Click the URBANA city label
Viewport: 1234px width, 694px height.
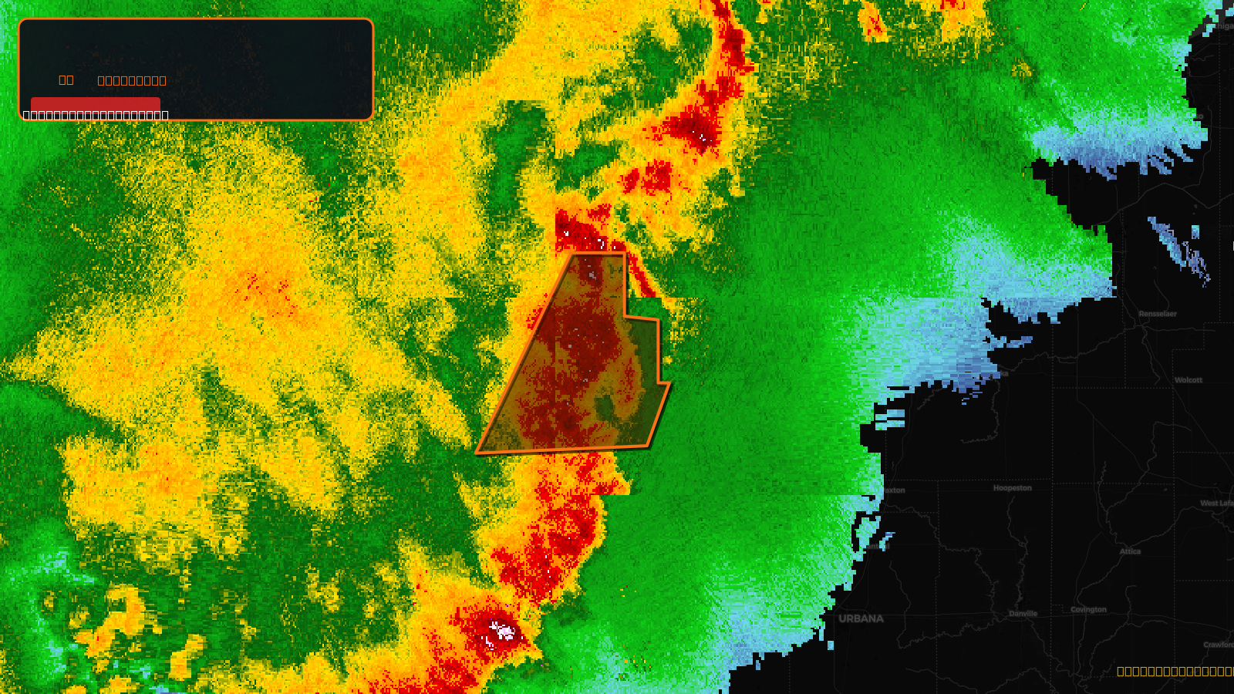(861, 618)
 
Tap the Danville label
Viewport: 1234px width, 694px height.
(1023, 614)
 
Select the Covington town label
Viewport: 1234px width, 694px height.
(1088, 609)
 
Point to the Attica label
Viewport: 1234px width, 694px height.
(1130, 551)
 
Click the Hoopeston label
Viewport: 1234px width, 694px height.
(1012, 488)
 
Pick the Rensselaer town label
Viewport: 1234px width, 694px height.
(1158, 314)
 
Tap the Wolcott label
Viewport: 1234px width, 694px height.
(1188, 380)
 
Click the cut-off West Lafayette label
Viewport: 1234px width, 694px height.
(1217, 504)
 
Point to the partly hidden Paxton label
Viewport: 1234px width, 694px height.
(895, 490)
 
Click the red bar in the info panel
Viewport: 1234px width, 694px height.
(95, 104)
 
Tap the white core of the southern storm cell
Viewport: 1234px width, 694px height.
(502, 632)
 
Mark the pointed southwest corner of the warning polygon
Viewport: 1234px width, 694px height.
(477, 453)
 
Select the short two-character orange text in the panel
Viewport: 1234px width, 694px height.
(66, 79)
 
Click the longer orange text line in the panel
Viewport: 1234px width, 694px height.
(132, 80)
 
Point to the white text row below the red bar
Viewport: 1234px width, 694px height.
(96, 116)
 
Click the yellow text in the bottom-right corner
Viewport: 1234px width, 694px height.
(1175, 672)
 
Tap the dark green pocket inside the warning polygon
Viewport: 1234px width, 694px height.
(605, 406)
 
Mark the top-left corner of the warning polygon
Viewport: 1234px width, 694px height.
(575, 254)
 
